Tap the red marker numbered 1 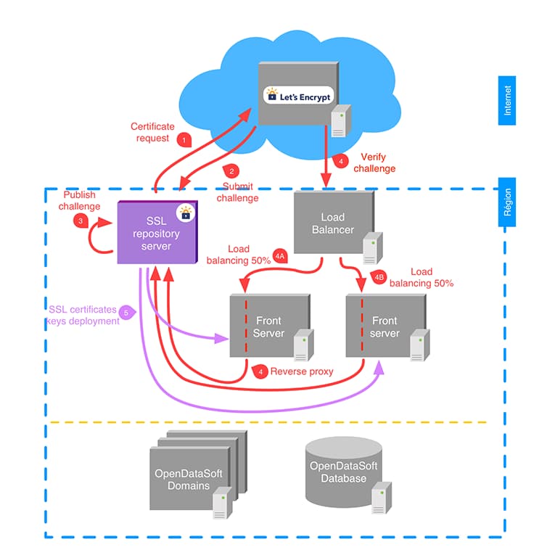(x=184, y=139)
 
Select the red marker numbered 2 (x=231, y=171)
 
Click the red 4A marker (x=280, y=256)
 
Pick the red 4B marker (x=378, y=276)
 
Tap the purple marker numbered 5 (x=127, y=312)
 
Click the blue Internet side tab (x=507, y=100)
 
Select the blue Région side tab (x=507, y=202)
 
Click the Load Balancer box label (x=333, y=223)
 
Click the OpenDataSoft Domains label (x=189, y=479)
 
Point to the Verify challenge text (x=374, y=163)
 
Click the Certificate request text (x=152, y=132)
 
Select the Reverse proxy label (x=302, y=371)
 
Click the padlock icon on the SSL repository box (x=186, y=213)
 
